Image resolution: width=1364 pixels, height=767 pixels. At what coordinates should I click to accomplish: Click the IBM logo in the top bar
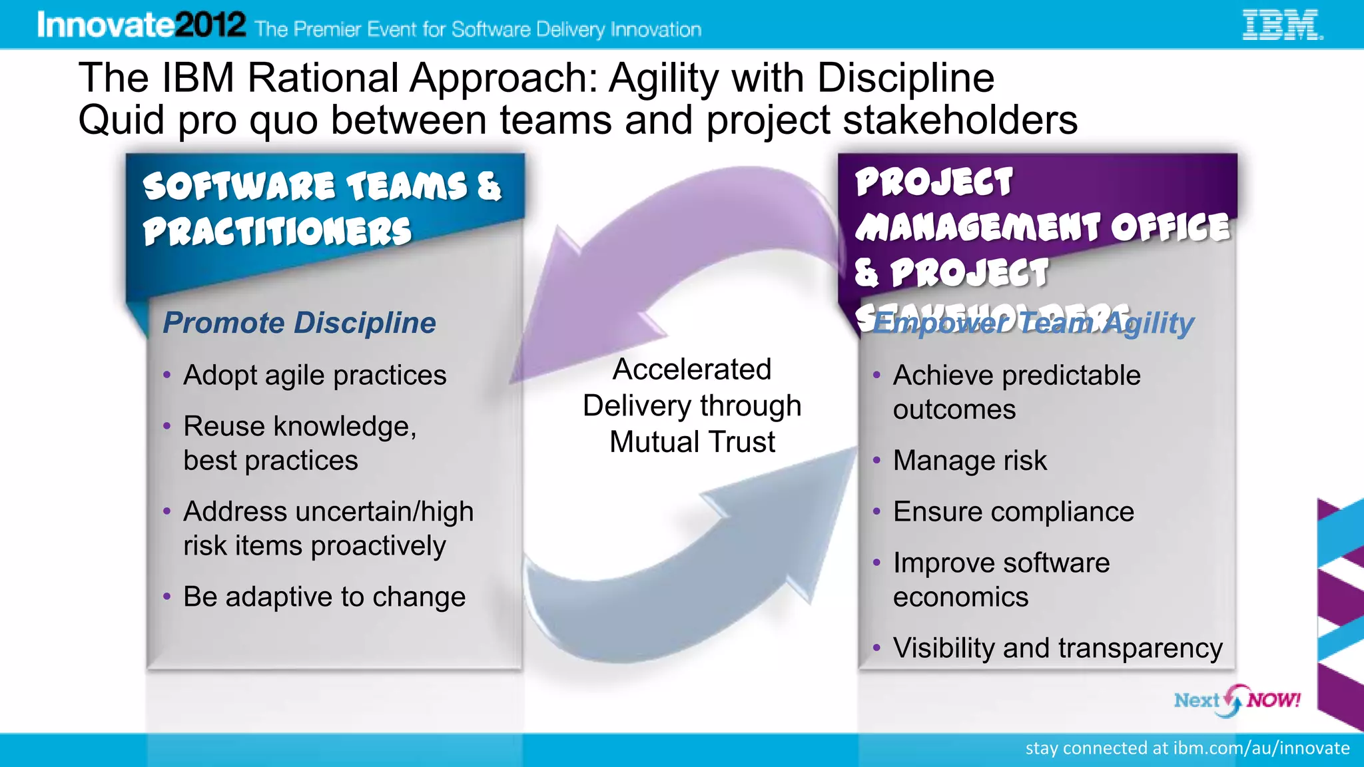click(x=1281, y=25)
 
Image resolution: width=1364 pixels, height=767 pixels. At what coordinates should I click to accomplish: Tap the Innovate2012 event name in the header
click(x=141, y=25)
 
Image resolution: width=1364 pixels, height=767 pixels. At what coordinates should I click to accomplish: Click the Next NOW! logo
click(x=1237, y=700)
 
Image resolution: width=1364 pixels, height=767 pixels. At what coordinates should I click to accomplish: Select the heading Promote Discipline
click(x=299, y=323)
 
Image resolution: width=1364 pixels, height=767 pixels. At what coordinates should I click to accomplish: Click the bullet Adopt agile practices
click(x=314, y=376)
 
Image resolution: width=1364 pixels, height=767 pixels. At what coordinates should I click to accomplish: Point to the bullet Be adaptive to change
click(x=324, y=597)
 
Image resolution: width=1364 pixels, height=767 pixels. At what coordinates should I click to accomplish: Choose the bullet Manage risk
click(x=970, y=461)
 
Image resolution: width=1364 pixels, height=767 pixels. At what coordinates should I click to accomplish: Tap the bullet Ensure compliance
click(x=1013, y=512)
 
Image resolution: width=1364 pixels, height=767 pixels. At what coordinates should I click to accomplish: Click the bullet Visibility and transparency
click(x=1058, y=648)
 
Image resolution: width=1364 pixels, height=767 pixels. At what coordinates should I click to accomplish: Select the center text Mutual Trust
click(x=692, y=442)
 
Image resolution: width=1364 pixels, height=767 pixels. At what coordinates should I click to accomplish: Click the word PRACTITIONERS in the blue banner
click(x=277, y=232)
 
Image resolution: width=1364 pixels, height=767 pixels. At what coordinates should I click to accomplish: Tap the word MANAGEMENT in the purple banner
click(x=977, y=227)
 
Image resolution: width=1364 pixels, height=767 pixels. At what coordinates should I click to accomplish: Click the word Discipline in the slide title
click(x=905, y=78)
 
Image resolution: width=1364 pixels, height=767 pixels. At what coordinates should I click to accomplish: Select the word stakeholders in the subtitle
click(x=960, y=121)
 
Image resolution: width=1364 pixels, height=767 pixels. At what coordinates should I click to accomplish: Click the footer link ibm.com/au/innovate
click(x=1261, y=748)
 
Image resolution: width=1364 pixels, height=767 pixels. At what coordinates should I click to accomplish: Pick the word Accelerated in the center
click(x=692, y=370)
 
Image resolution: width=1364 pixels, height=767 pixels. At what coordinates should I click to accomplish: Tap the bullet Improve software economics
click(x=1001, y=580)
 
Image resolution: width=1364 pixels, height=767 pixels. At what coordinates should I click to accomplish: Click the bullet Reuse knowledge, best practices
click(x=300, y=443)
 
